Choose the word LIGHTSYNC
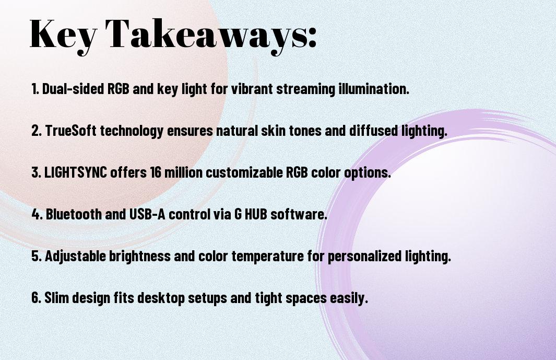[76, 172]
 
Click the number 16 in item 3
[156, 172]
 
